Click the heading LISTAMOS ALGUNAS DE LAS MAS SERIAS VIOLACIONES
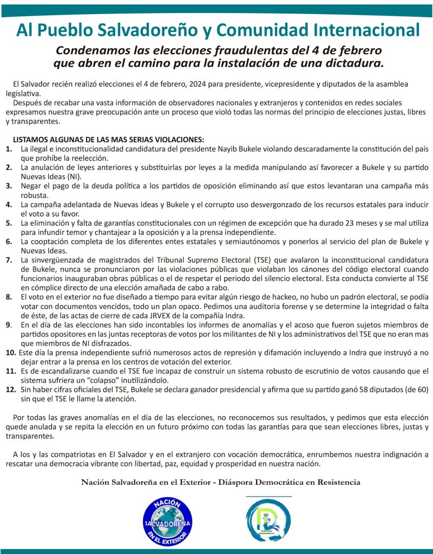point(108,139)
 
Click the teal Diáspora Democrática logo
point(268,520)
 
